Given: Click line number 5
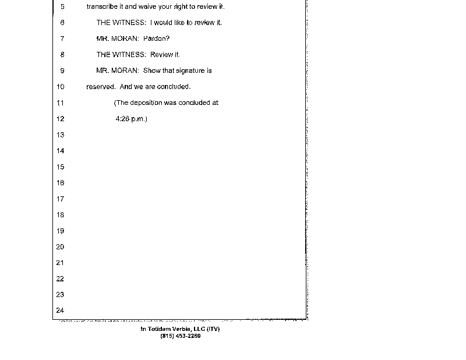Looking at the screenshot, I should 62,7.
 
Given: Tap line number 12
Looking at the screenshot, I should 60,119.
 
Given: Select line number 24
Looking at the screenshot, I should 60,310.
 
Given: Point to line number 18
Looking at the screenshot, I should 60,215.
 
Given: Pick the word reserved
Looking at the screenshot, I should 100,87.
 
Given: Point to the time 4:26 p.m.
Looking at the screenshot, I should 132,119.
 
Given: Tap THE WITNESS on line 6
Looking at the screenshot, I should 121,23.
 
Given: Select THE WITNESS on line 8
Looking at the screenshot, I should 121,55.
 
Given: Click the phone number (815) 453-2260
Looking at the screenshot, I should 180,336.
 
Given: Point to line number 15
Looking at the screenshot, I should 60,167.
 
